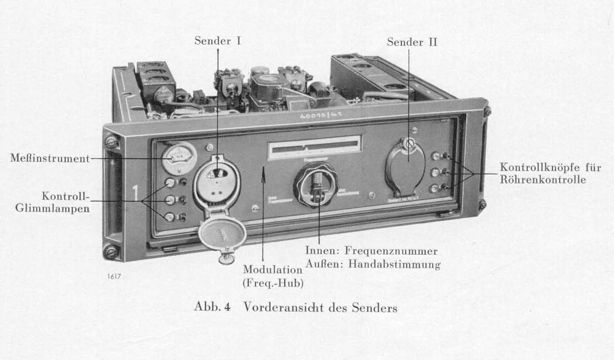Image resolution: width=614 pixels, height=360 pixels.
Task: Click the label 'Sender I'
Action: pos(217,41)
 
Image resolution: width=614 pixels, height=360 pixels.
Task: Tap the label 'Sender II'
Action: pos(412,42)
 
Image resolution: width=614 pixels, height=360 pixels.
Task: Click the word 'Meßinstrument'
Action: pos(50,159)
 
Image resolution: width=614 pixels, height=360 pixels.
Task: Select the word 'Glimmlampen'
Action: pos(52,208)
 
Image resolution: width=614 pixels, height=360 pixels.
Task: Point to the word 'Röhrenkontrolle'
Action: pos(543,179)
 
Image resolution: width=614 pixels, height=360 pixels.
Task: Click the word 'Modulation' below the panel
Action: pos(273,269)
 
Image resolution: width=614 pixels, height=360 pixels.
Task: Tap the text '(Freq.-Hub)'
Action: pos(273,282)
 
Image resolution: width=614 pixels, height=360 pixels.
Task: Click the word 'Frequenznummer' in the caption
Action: pos(391,251)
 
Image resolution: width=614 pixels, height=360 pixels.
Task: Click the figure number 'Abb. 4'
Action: pos(212,307)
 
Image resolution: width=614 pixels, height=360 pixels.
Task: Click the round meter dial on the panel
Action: pos(179,158)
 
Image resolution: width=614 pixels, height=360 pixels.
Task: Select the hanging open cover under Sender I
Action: pos(222,233)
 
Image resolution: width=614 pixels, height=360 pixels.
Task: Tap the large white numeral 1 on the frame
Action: pos(135,193)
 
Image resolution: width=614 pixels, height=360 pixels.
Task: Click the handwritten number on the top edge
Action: pos(321,116)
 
